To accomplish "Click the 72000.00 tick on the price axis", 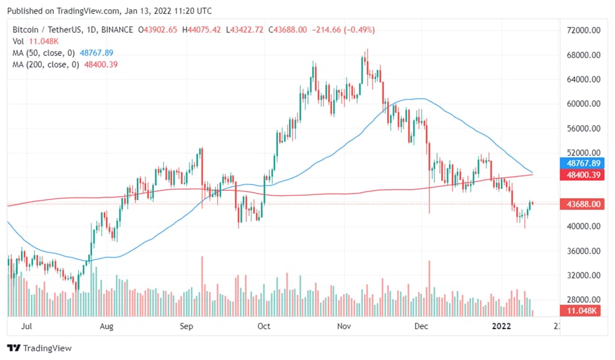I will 585,31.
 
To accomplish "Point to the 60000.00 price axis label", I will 585,104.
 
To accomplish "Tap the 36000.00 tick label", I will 585,251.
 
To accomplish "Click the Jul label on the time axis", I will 27,326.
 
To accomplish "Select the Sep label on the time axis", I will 186,326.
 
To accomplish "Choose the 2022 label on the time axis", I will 502,326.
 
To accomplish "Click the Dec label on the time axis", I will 421,326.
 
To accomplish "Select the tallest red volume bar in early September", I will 201,286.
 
